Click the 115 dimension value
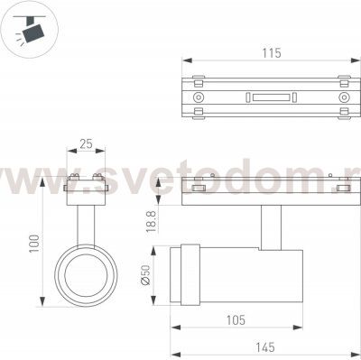(269, 53)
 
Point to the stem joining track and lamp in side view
(268, 226)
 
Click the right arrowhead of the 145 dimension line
(352, 345)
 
